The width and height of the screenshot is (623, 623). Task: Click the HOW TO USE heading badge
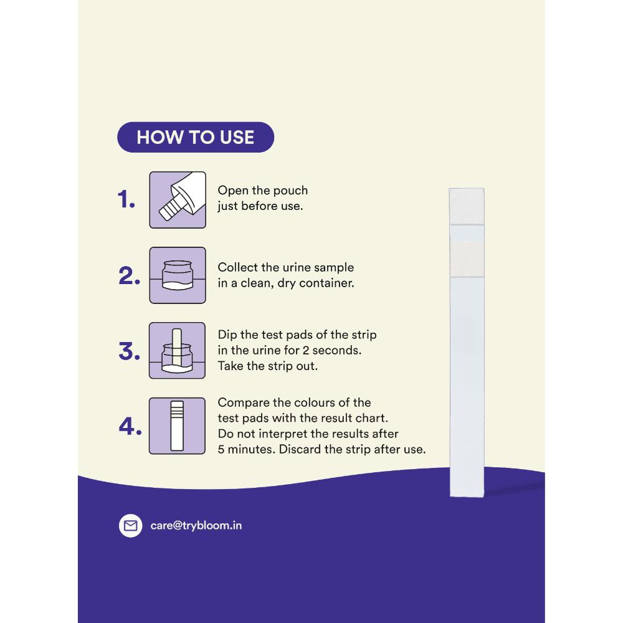(196, 137)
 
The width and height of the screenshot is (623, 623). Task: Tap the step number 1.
(126, 199)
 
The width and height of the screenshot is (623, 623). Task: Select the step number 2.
(129, 276)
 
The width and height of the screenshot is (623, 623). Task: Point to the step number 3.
(129, 351)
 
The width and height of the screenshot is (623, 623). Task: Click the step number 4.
(130, 427)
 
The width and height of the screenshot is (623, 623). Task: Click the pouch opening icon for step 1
(178, 200)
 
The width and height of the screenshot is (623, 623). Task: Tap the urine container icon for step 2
(178, 275)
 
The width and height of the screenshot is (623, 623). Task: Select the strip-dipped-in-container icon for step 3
(177, 350)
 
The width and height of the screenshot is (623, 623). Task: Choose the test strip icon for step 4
(177, 426)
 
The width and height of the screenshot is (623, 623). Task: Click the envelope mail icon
(130, 526)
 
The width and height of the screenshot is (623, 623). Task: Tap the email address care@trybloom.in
(196, 526)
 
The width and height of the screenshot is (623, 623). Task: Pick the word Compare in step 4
(244, 403)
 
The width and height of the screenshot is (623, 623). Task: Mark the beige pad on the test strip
(467, 259)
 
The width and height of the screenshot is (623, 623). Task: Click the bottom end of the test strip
(467, 497)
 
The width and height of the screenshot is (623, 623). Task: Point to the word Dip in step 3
(227, 335)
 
